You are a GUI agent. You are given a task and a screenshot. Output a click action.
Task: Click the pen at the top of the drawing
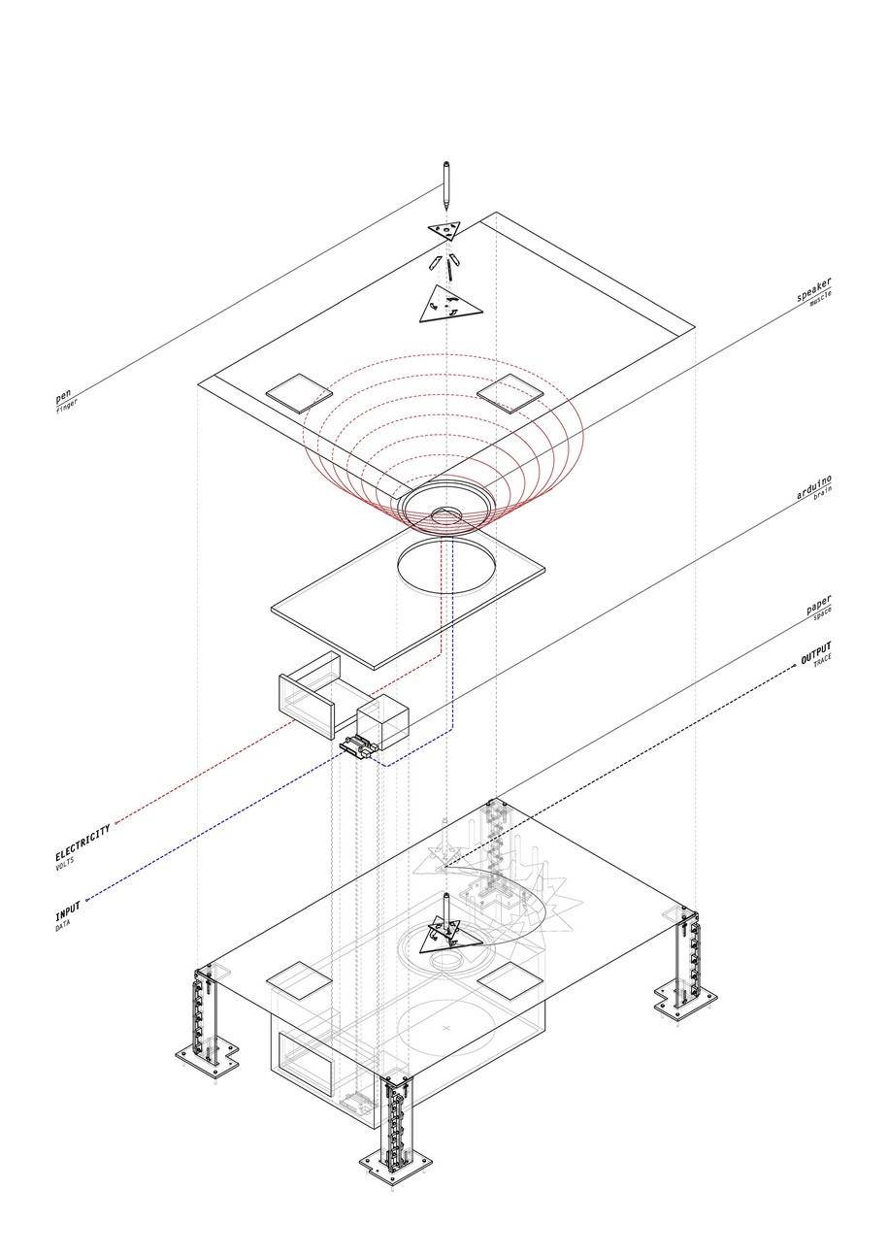[x=446, y=185]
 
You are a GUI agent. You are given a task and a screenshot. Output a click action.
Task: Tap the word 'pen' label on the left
[x=63, y=397]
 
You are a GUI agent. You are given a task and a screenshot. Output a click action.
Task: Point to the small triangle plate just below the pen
[x=445, y=230]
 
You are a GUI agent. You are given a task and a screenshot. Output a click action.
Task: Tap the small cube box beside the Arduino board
[x=382, y=723]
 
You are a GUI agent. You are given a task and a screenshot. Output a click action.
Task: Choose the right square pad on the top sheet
[x=508, y=392]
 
